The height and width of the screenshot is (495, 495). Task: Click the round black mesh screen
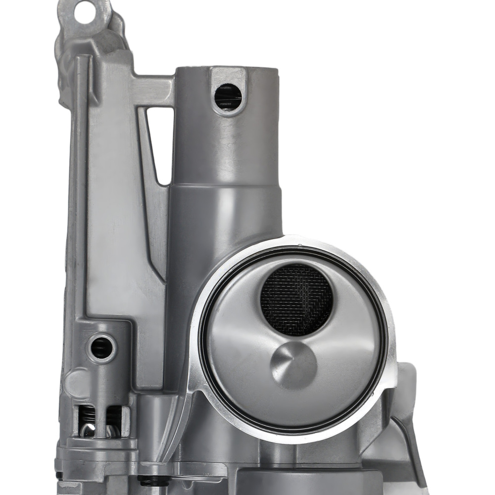click(297, 300)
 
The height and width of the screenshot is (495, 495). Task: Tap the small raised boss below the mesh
click(294, 364)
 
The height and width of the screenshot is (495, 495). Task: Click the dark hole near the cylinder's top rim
click(228, 96)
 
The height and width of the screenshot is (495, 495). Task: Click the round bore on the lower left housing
click(101, 347)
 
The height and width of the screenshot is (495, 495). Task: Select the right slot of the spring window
click(113, 421)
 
